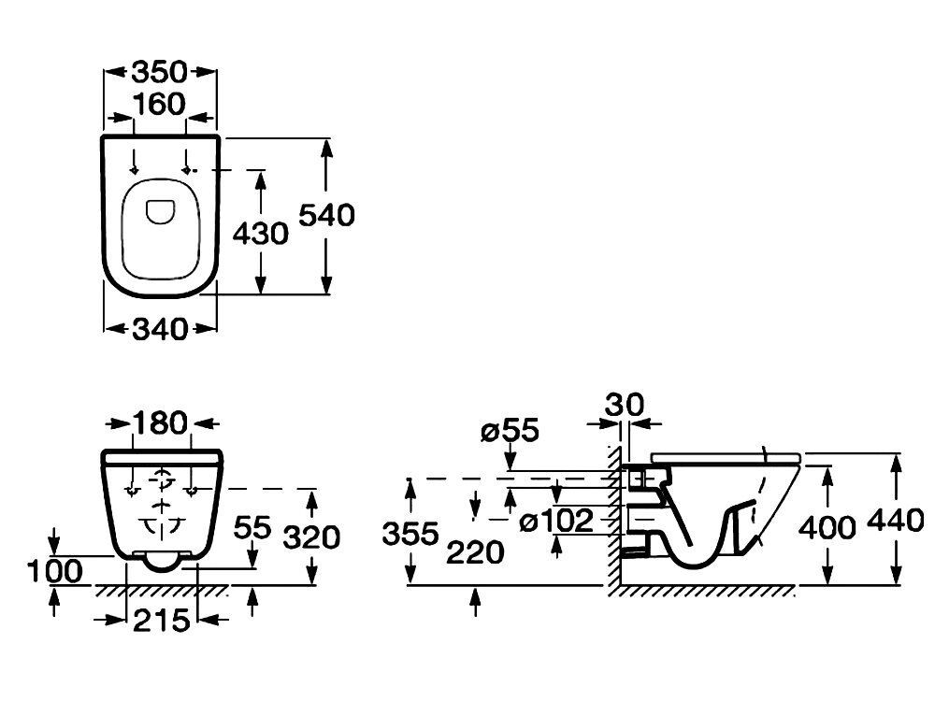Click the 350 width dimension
tap(159, 72)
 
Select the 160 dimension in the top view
tap(159, 105)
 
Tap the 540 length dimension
tap(326, 215)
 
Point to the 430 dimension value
tap(260, 233)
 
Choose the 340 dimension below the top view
tap(159, 329)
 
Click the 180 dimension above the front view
tap(160, 423)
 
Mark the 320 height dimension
tap(311, 537)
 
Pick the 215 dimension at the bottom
tap(161, 622)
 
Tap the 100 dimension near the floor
tap(55, 572)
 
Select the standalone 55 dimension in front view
tap(252, 527)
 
